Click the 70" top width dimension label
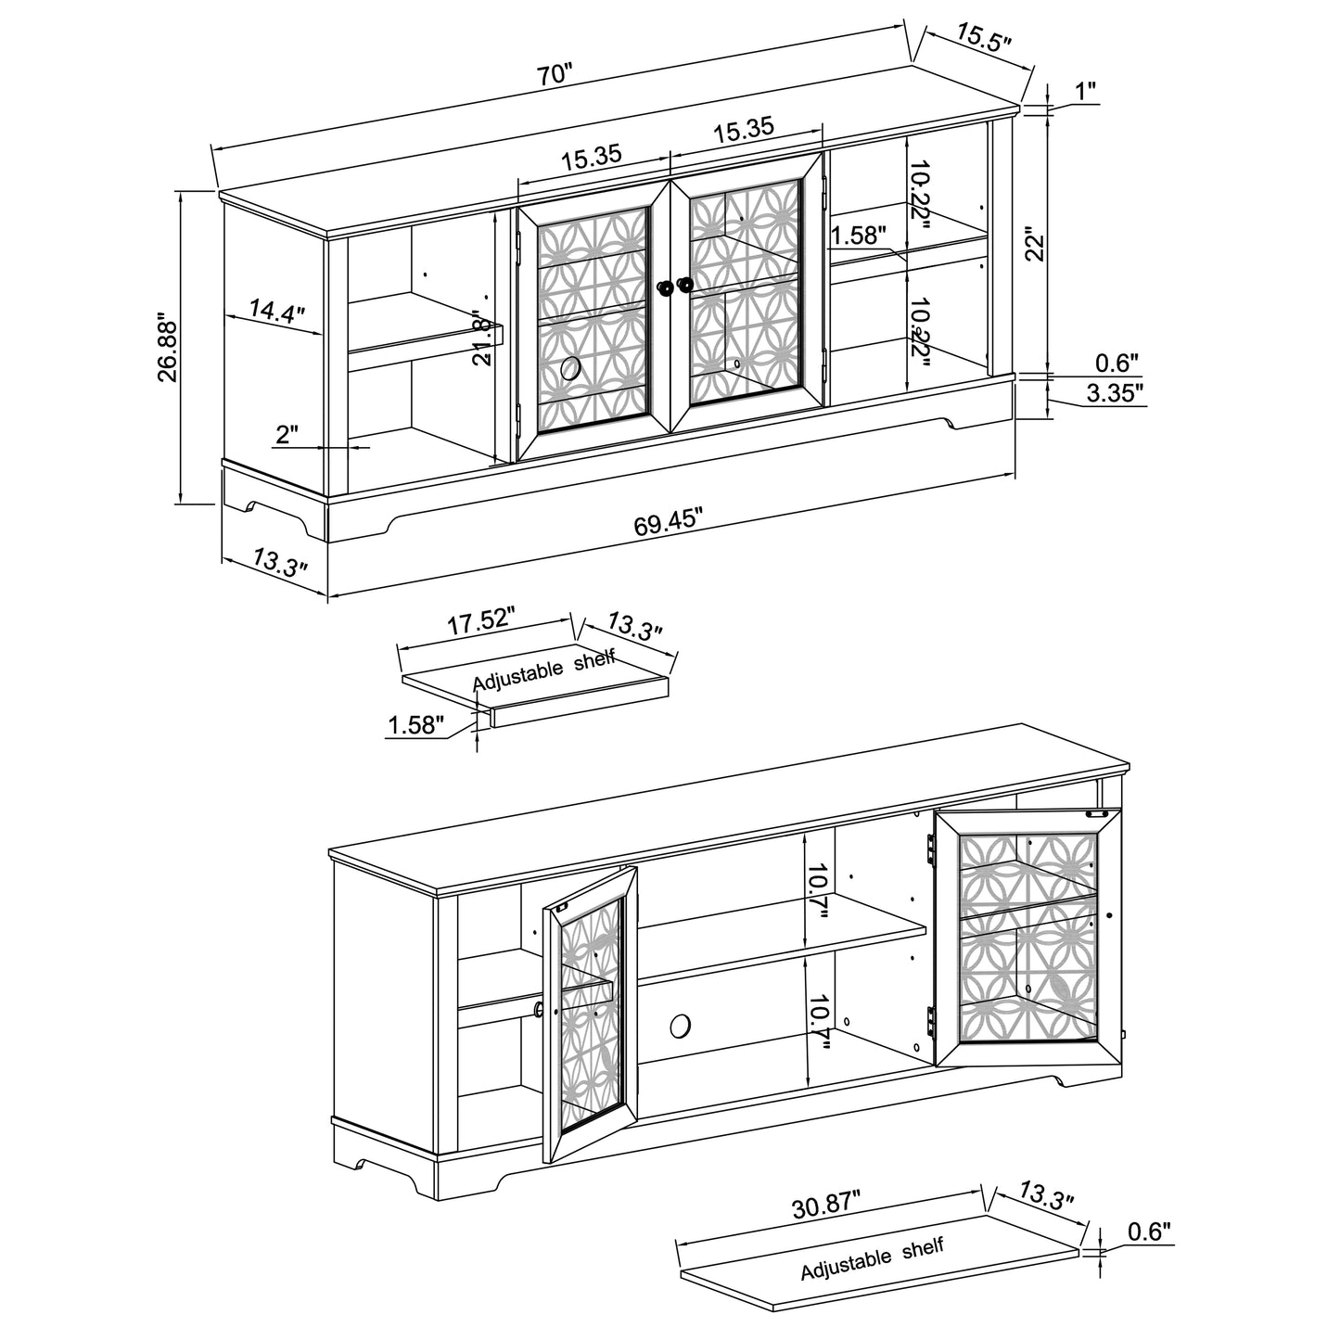click(x=555, y=73)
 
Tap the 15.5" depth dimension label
click(x=983, y=37)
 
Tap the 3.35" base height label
click(x=1115, y=393)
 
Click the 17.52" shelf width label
click(x=480, y=621)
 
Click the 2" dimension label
click(x=287, y=435)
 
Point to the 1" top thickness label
click(x=1086, y=90)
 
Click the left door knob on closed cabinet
click(x=665, y=287)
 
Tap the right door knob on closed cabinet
click(x=685, y=285)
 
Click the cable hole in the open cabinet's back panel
click(x=680, y=1026)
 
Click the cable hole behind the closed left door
click(x=571, y=368)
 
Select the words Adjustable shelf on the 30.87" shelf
click(x=872, y=1258)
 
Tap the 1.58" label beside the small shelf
click(x=415, y=725)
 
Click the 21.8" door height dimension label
click(x=482, y=338)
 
